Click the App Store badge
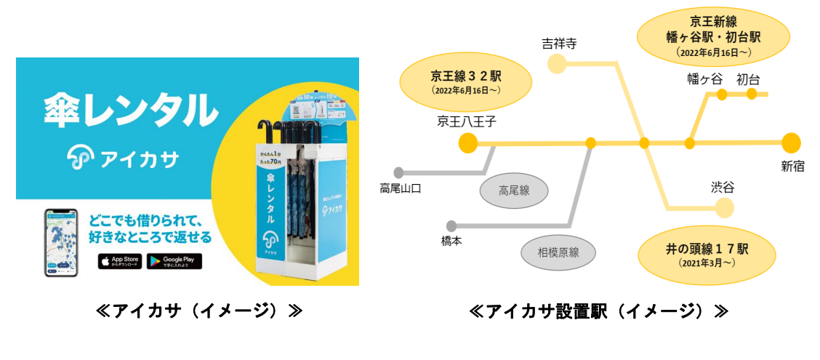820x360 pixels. (x=120, y=261)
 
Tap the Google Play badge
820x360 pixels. (x=174, y=261)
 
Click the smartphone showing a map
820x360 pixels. (x=61, y=243)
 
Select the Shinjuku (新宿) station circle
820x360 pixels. (x=791, y=143)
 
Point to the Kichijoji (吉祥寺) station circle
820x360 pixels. (x=557, y=65)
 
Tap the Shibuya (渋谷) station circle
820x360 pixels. (x=724, y=209)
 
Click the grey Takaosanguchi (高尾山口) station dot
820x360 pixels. (x=398, y=172)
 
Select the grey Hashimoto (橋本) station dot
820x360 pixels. (x=451, y=225)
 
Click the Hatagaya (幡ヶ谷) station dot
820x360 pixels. (x=722, y=94)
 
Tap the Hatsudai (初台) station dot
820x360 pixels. (x=752, y=94)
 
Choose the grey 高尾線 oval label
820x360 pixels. (x=514, y=191)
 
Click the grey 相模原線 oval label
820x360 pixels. (x=558, y=252)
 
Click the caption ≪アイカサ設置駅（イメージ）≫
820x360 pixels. (x=599, y=312)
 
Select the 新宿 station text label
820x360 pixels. (x=792, y=167)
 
